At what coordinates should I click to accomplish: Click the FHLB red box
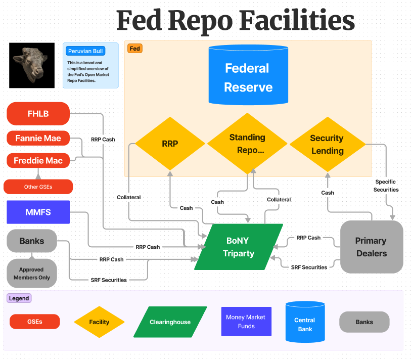[38, 114]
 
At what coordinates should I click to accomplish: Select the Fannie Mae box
[38, 138]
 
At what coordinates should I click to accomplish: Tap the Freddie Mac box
[38, 161]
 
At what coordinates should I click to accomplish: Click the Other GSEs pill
[38, 187]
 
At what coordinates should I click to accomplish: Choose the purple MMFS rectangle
[38, 212]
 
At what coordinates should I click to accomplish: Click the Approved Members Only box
[31, 274]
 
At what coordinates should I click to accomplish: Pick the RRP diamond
[170, 144]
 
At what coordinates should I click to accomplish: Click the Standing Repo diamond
[247, 144]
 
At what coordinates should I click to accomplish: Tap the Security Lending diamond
[327, 144]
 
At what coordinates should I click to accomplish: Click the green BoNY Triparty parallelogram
[239, 247]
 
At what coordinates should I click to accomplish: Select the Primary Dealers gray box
[371, 247]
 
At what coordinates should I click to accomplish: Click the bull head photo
[32, 65]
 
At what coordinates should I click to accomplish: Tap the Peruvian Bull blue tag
[85, 51]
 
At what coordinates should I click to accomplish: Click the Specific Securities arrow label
[386, 186]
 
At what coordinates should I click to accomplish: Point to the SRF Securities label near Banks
[109, 280]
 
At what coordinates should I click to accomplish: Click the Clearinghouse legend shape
[170, 322]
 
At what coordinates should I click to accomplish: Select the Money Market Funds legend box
[246, 322]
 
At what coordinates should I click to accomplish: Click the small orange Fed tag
[134, 49]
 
